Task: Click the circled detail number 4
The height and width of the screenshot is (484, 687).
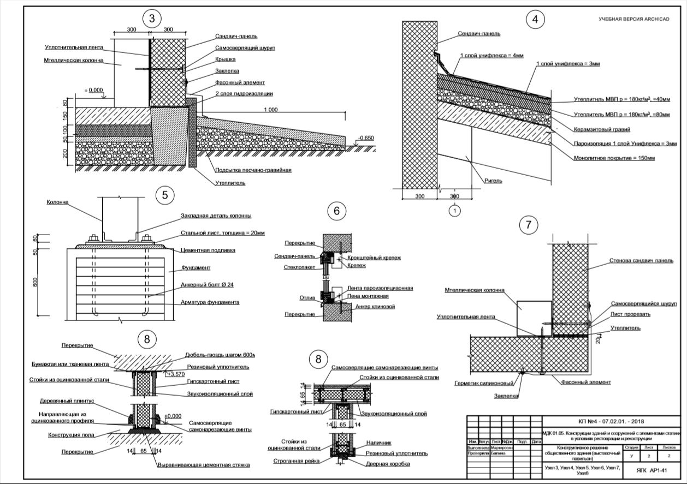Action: [535, 20]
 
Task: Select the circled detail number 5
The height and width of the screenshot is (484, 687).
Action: [164, 195]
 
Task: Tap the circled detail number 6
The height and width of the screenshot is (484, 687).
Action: [337, 212]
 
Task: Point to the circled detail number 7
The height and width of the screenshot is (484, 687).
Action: [528, 224]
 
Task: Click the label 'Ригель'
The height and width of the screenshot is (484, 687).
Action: [494, 181]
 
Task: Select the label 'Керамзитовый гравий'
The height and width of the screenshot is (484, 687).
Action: [602, 129]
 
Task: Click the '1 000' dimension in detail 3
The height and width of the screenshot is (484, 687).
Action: [270, 110]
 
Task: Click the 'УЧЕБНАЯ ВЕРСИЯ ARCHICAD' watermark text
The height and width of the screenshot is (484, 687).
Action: [633, 19]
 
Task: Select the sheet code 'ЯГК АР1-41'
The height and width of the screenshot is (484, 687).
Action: [653, 470]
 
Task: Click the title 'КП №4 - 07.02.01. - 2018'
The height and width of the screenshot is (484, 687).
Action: [611, 422]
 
